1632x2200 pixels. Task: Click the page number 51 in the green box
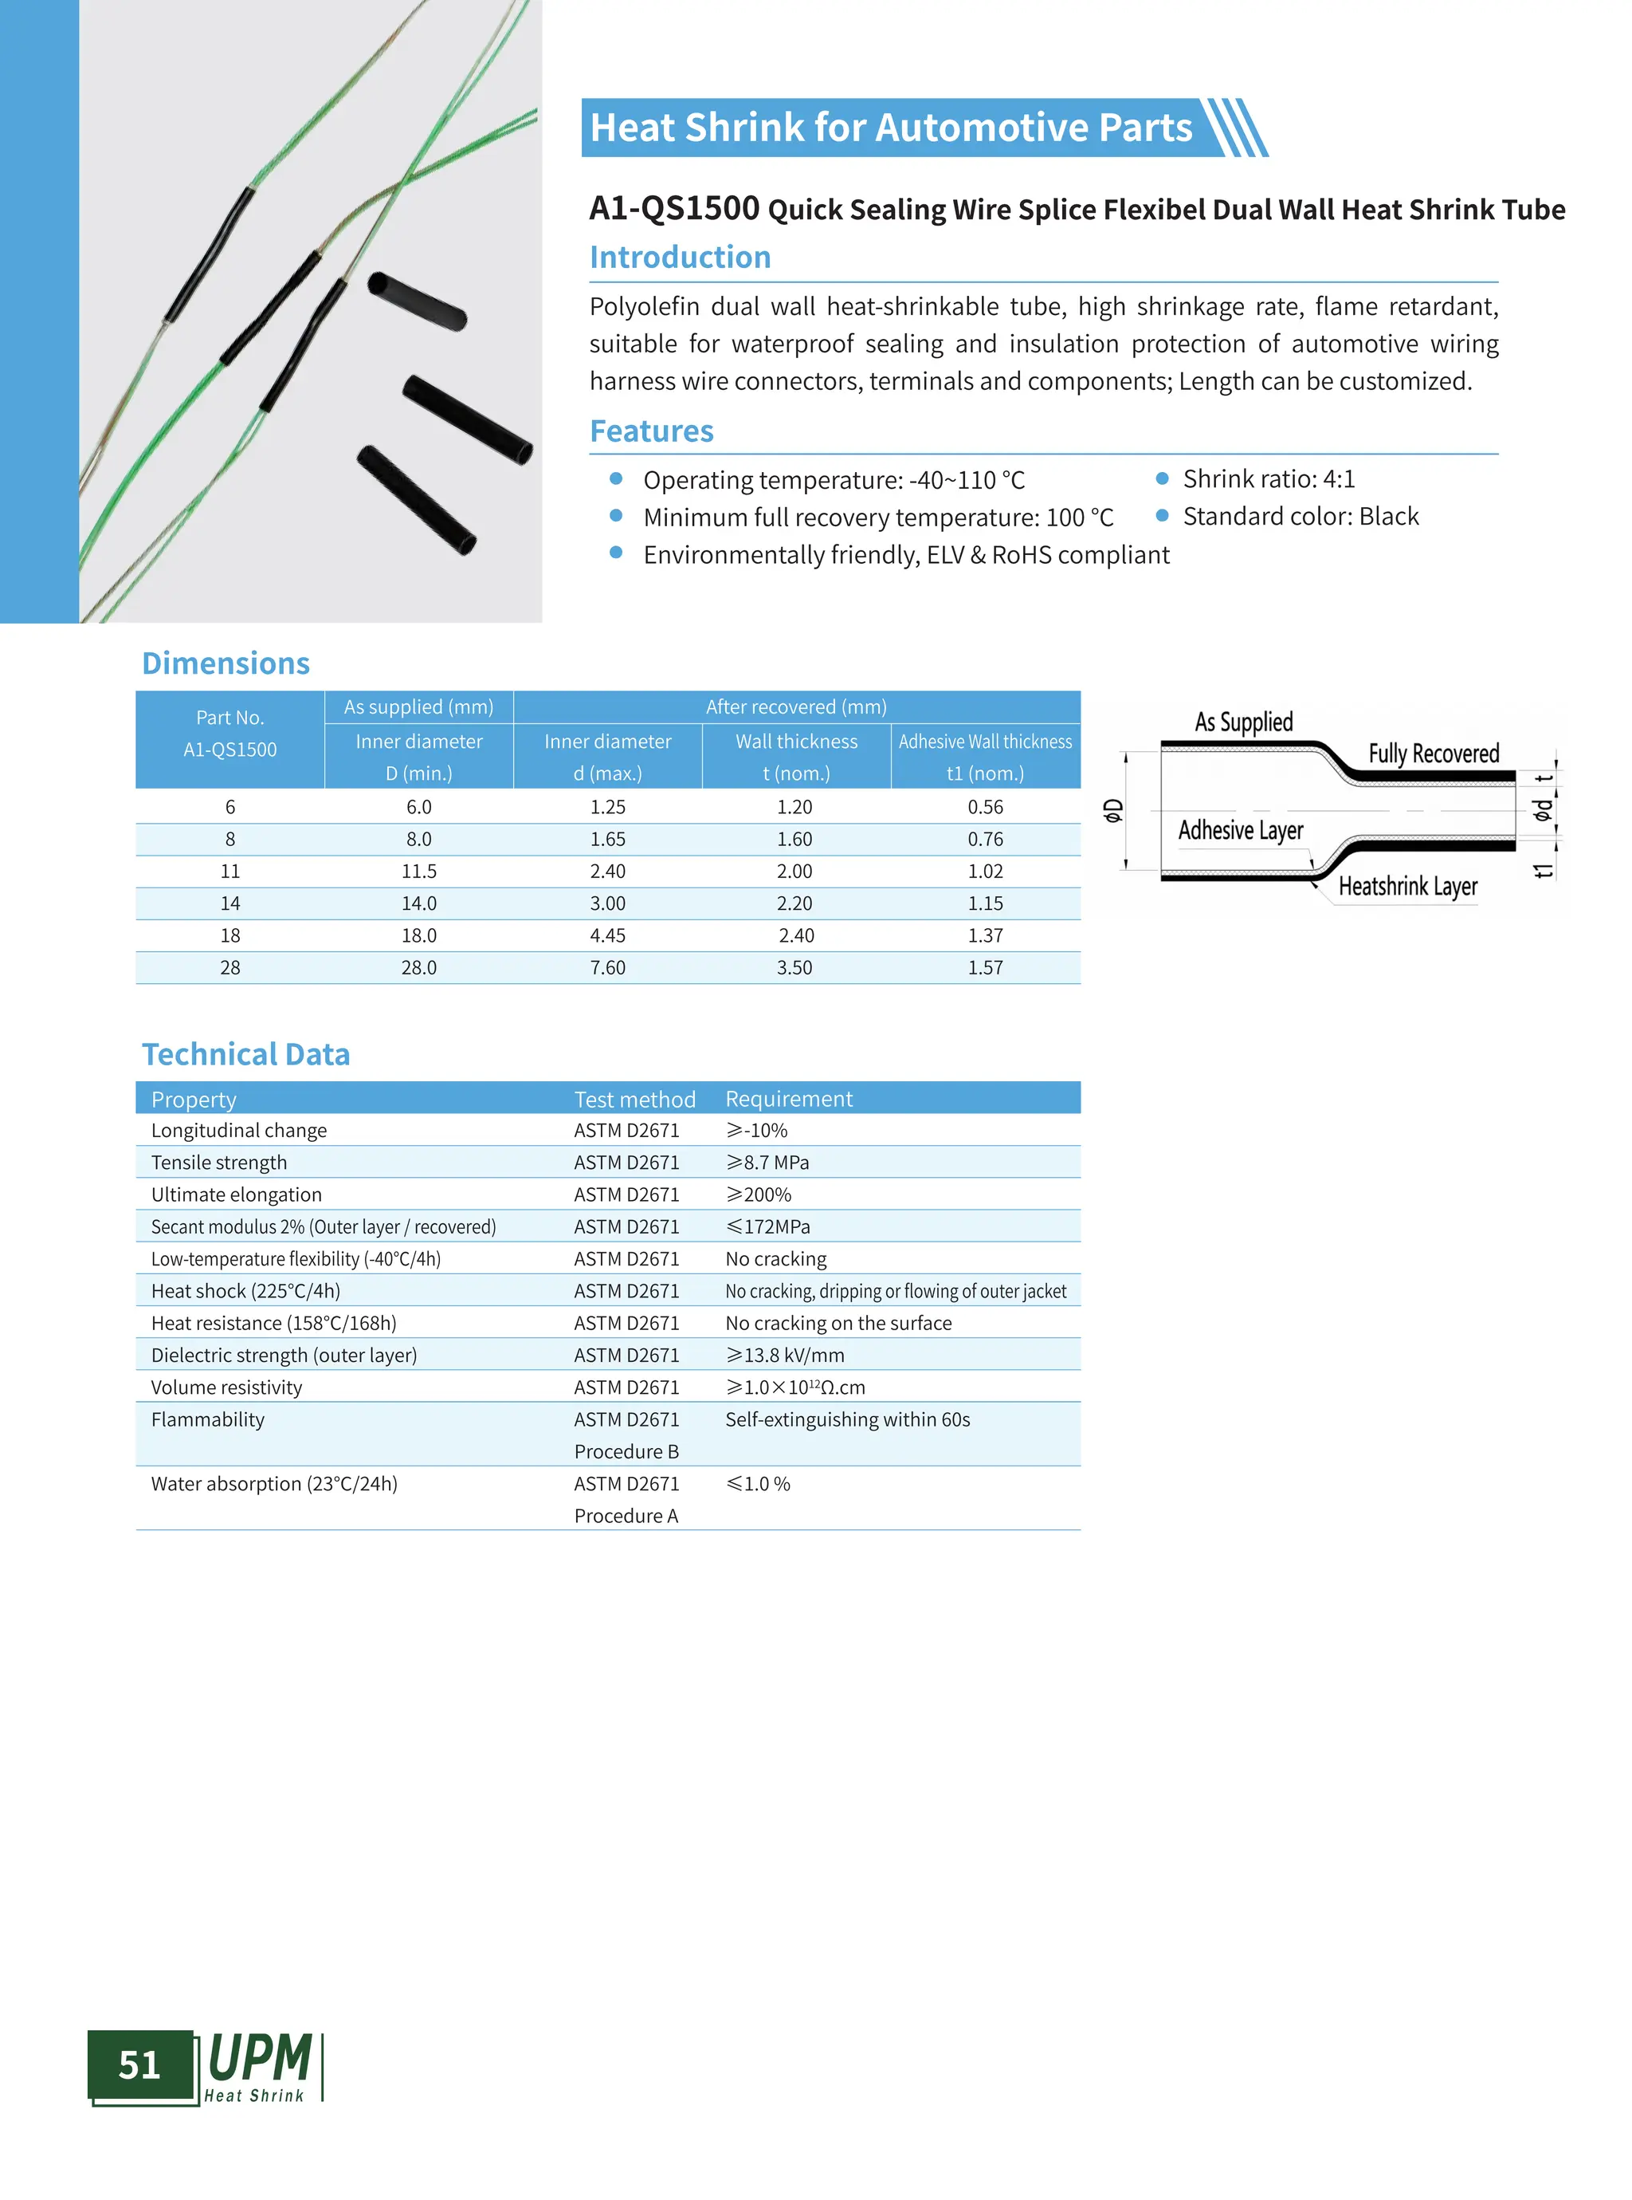tap(139, 2064)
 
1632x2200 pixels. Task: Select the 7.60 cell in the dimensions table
tap(607, 967)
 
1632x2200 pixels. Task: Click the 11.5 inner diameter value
tap(419, 871)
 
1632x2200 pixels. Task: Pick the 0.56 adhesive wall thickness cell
tap(985, 806)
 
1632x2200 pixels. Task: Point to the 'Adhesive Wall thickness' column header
tap(985, 742)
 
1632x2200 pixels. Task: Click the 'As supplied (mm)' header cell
tap(419, 706)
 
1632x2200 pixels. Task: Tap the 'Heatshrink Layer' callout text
tap(1408, 887)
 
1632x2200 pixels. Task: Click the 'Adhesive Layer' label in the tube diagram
tap(1241, 830)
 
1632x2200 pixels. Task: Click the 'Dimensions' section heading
tap(226, 663)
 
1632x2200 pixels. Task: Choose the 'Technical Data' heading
tap(246, 1054)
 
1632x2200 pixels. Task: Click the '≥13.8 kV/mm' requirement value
tap(786, 1355)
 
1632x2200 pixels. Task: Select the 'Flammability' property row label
tap(207, 1419)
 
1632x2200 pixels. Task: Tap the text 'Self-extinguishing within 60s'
tap(848, 1419)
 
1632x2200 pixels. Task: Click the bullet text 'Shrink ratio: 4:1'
tap(1269, 479)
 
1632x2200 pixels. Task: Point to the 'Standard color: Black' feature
tap(1300, 517)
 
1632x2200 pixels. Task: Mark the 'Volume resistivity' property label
tap(226, 1387)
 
